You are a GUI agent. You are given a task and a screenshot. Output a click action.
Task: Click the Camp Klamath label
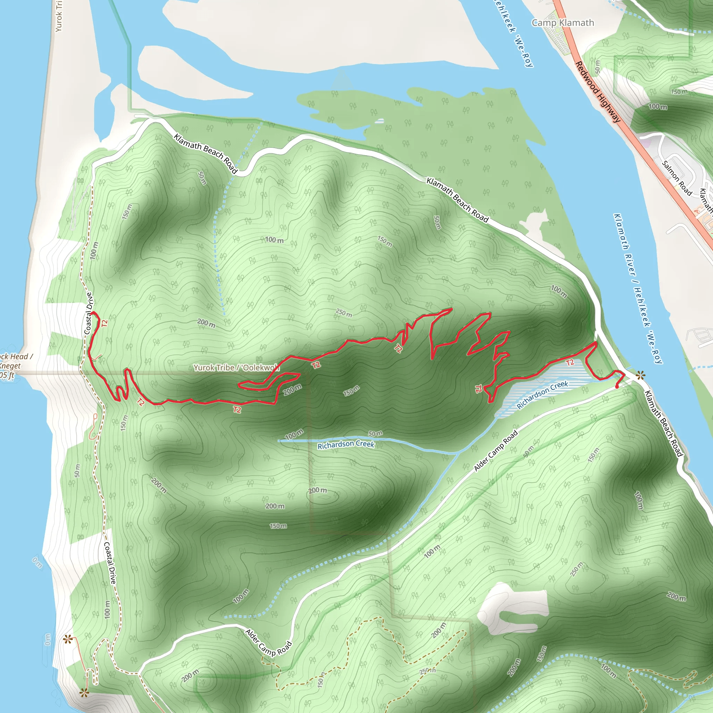[563, 23]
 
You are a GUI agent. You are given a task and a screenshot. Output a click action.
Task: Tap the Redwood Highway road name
[598, 92]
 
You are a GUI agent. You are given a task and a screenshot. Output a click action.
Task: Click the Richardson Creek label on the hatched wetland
[542, 395]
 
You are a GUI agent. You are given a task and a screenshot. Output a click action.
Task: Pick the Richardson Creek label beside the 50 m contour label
[346, 445]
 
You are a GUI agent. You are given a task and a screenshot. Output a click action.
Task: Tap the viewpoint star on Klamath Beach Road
[640, 376]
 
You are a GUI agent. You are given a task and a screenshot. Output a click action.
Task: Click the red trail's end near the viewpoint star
[617, 387]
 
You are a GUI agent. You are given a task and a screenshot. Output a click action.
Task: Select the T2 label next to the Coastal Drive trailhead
[104, 324]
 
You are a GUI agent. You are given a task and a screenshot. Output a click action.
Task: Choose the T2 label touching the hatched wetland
[570, 362]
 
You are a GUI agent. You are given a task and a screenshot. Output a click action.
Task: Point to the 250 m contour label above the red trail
[344, 313]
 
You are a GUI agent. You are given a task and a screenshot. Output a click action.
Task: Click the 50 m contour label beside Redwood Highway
[598, 66]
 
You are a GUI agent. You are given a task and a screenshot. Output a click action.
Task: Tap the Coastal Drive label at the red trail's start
[88, 313]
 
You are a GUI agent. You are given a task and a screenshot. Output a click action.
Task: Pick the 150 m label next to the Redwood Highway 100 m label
[679, 92]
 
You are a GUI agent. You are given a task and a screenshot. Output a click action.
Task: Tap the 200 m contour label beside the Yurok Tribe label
[293, 389]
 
